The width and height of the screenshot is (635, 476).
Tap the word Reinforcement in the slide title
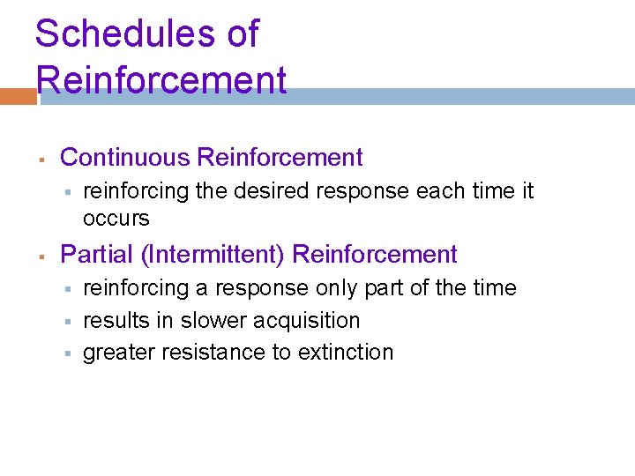pos(161,79)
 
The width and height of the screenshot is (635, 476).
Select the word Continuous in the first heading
pos(125,158)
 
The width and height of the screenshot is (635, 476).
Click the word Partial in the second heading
pos(96,255)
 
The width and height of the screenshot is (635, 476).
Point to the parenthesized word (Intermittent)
pos(213,255)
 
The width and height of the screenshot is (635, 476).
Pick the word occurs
pos(116,218)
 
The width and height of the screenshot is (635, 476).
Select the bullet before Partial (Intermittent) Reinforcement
pos(41,257)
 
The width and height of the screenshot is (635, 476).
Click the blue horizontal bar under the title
pos(441,96)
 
